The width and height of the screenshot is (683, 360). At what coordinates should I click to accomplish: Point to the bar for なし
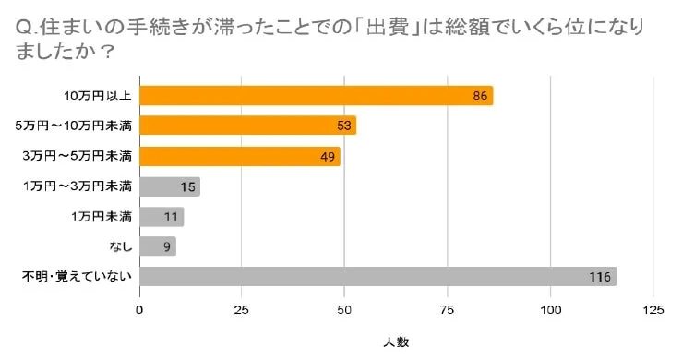coord(157,246)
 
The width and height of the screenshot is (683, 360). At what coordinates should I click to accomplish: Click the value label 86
coord(480,96)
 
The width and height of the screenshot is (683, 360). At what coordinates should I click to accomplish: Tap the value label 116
coord(602,277)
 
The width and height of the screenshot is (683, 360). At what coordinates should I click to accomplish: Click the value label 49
coord(328,156)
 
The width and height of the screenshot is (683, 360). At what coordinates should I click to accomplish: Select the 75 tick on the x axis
coord(448,309)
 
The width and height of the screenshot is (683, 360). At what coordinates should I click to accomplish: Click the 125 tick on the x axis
coord(653,309)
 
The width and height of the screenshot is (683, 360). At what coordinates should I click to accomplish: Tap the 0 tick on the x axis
coord(139,309)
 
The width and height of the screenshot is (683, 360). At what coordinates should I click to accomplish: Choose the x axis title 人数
coord(395,342)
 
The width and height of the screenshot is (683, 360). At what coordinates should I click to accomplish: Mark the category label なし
coord(121,246)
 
